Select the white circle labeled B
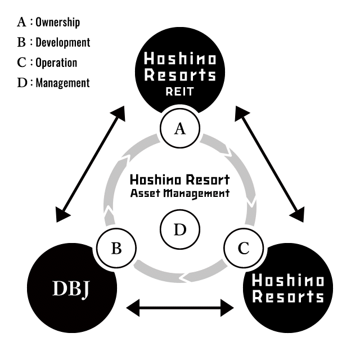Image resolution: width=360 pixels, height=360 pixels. coord(116,248)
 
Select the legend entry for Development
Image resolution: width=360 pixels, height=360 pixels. coord(54,42)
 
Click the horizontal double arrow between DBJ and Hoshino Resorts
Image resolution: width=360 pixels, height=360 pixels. coord(180,308)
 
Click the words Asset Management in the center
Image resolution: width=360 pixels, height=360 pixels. coord(180,193)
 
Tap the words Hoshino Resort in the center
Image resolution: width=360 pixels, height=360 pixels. coord(180,180)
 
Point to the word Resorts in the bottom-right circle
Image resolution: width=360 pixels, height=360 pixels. coord(288,296)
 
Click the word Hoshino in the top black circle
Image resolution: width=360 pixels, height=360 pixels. coord(180,58)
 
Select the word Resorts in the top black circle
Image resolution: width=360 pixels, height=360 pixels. coord(180,75)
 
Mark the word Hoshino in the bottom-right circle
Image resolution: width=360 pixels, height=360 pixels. coord(288,280)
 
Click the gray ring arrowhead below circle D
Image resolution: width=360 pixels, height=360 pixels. coord(183,276)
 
